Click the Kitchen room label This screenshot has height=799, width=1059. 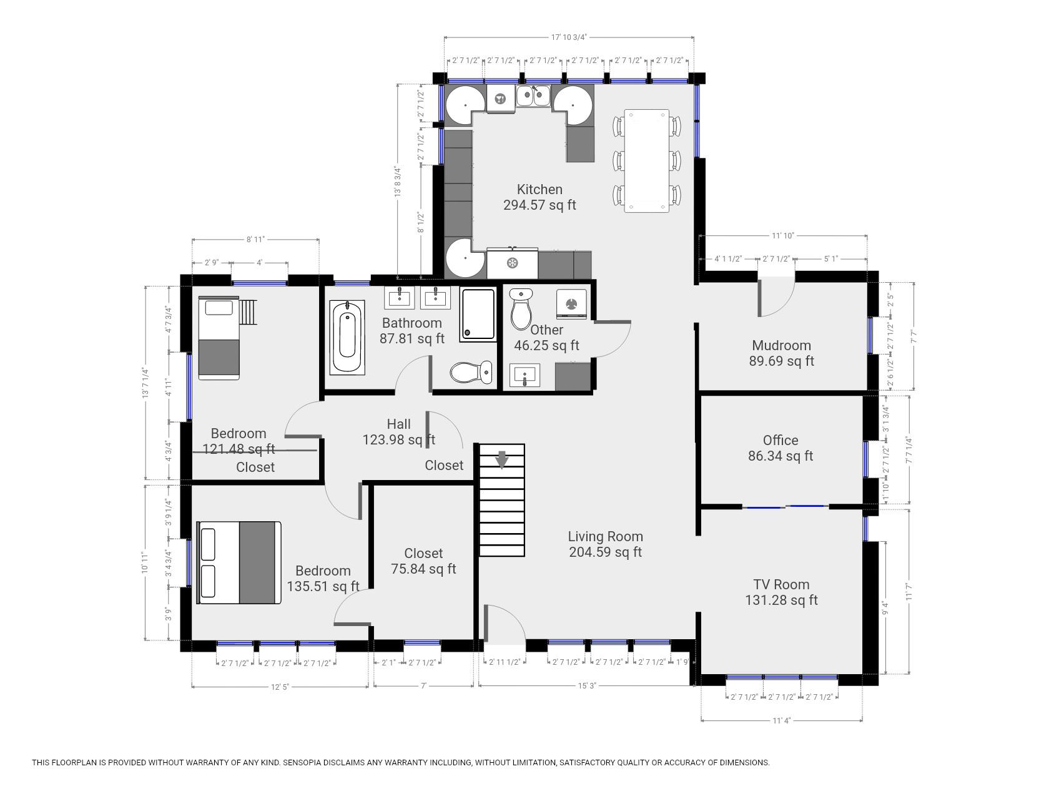[539, 190]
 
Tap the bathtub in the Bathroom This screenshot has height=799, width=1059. [347, 338]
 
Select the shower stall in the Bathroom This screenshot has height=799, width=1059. [478, 314]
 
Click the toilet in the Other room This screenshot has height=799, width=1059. [520, 308]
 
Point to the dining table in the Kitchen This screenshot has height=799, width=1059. [646, 161]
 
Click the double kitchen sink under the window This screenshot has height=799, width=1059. [533, 97]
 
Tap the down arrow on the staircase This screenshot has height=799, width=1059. [502, 459]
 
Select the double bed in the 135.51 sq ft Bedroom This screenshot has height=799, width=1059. [239, 563]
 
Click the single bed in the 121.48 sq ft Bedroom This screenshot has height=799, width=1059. [219, 338]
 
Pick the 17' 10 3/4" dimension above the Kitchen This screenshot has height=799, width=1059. [569, 37]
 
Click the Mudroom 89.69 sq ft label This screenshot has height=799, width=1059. [782, 353]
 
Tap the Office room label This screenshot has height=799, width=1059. [781, 441]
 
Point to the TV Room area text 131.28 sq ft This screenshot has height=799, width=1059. [781, 600]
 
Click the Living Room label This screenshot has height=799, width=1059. [605, 537]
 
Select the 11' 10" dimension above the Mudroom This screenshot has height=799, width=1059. [782, 236]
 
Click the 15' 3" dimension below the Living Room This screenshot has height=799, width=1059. [587, 686]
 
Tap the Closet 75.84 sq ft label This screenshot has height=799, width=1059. [423, 561]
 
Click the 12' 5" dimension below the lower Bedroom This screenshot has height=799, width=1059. [280, 687]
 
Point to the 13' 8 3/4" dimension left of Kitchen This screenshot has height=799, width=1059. [397, 182]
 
